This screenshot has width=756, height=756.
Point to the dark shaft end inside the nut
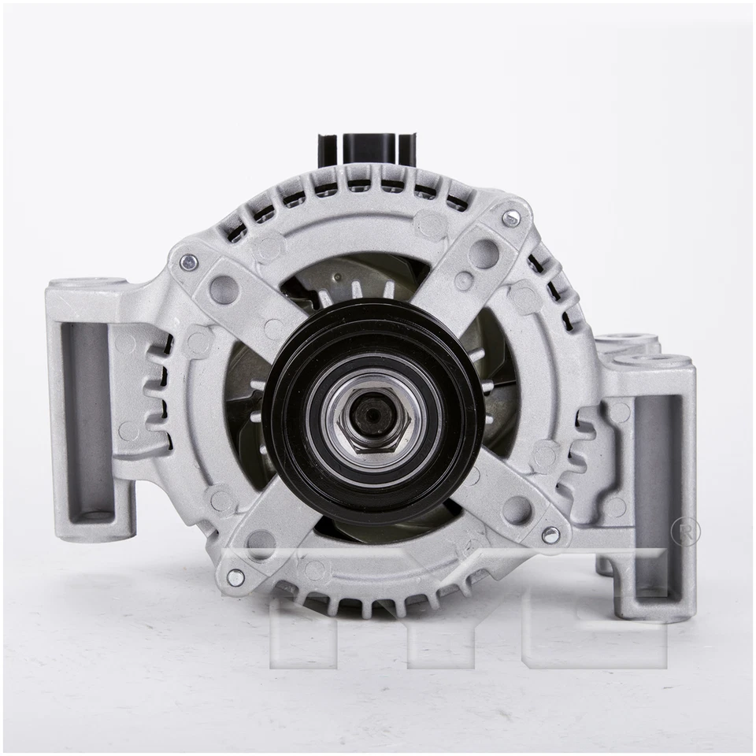pyautogui.click(x=371, y=415)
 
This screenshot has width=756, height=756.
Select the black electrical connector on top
pyautogui.click(x=367, y=149)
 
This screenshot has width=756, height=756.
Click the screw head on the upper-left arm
pyautogui.click(x=188, y=262)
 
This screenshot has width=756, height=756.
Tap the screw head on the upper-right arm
pyautogui.click(x=511, y=218)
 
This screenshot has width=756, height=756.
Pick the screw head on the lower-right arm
pyautogui.click(x=550, y=535)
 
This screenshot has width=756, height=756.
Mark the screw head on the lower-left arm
pyautogui.click(x=235, y=577)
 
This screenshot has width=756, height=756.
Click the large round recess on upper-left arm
pyautogui.click(x=224, y=289)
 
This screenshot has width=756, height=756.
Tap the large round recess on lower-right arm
pyautogui.click(x=517, y=510)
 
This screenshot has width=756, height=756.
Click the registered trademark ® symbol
pyautogui.click(x=684, y=532)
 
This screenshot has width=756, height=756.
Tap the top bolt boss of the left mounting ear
pyautogui.click(x=86, y=283)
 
